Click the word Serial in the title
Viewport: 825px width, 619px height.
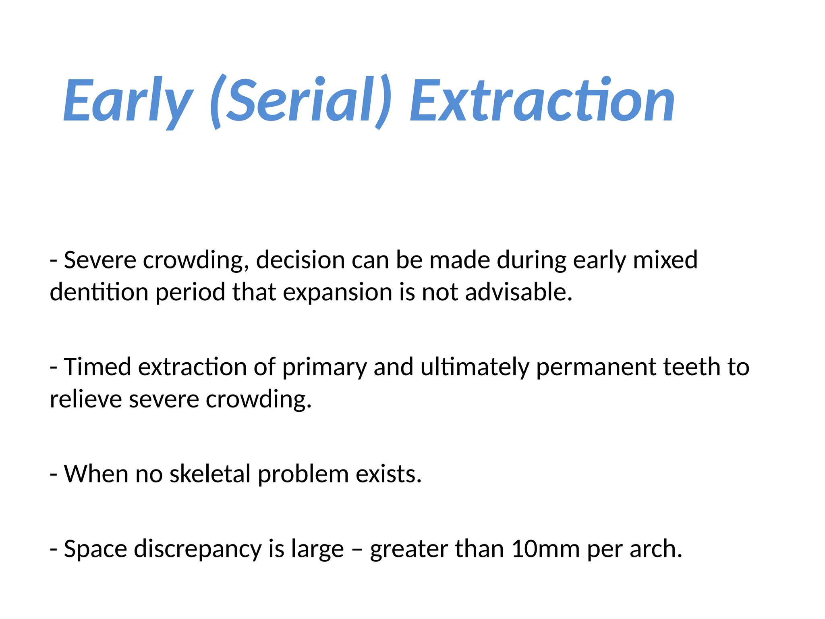pos(300,101)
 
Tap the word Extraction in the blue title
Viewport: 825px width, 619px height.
pos(542,101)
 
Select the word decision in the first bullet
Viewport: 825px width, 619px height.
pos(300,260)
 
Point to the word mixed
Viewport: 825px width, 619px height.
pos(665,260)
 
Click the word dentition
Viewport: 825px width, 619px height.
pos(99,292)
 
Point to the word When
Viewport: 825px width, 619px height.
pos(96,474)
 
